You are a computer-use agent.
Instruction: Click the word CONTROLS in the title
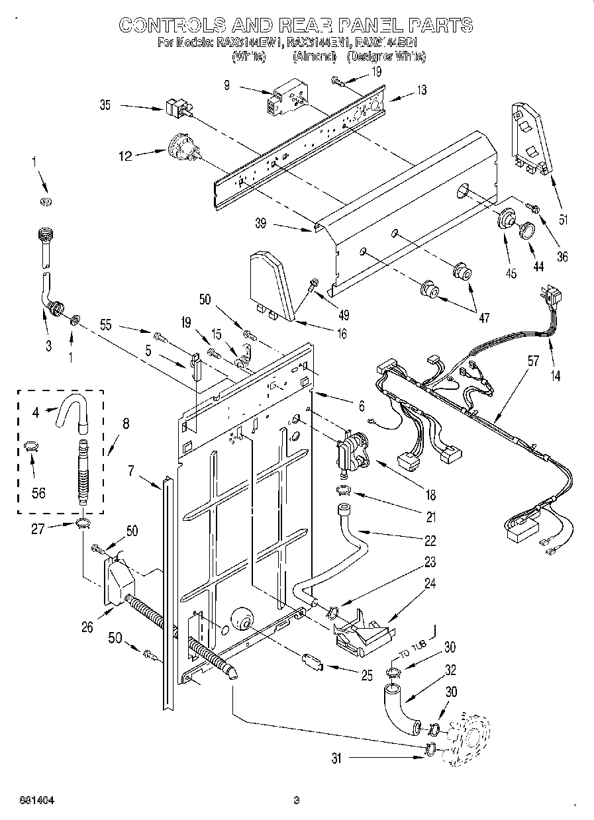pyautogui.click(x=170, y=25)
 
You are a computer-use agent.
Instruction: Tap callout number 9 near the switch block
pyautogui.click(x=227, y=85)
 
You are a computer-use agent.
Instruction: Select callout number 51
pyautogui.click(x=564, y=220)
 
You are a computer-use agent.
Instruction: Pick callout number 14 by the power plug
pyautogui.click(x=555, y=377)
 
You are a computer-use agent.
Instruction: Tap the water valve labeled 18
pyautogui.click(x=354, y=452)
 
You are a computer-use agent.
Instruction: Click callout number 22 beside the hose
pyautogui.click(x=430, y=541)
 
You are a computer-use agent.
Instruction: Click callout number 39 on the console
pyautogui.click(x=261, y=224)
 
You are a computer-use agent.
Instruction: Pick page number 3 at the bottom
pyautogui.click(x=297, y=801)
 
